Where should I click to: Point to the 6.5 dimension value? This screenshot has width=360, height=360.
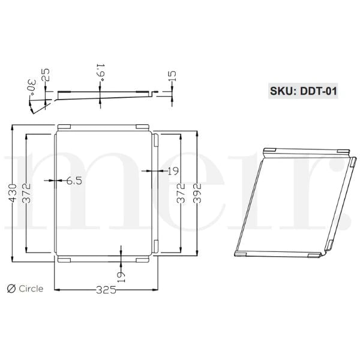click(74, 180)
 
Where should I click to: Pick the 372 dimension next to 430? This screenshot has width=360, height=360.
click(26, 193)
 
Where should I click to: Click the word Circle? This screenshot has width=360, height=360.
click(31, 289)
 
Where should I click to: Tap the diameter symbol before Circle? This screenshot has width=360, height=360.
click(10, 289)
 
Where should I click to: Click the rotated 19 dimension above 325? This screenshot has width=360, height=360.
click(122, 272)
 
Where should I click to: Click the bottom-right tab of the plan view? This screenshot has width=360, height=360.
click(142, 260)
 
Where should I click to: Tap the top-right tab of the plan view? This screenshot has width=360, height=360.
click(142, 126)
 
